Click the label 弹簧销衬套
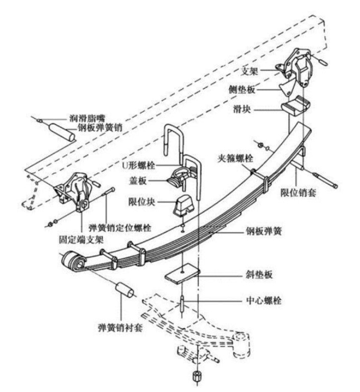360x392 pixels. [x=121, y=325]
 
